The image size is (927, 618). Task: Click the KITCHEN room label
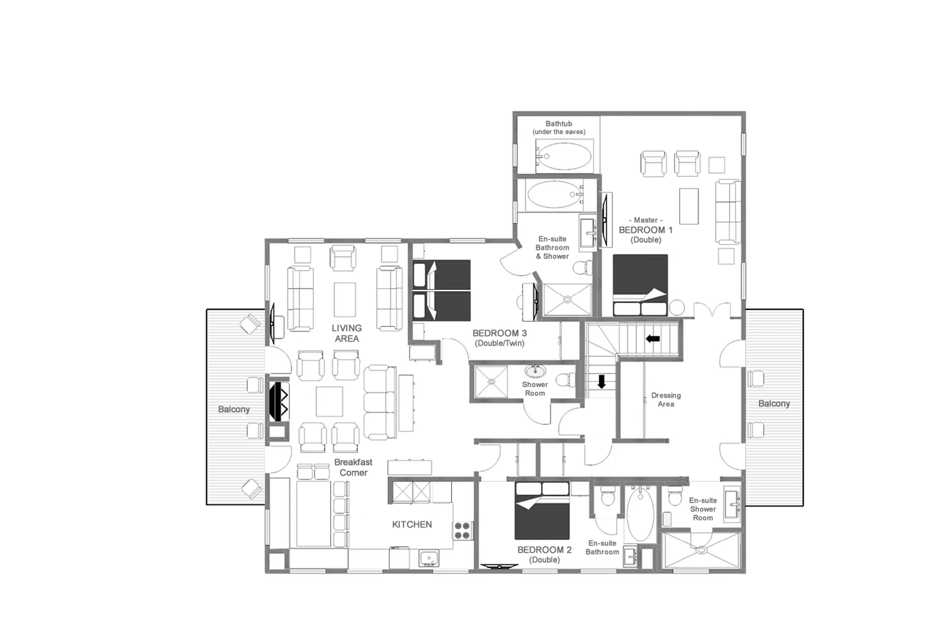[412, 524]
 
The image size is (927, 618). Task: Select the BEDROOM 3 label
[499, 334]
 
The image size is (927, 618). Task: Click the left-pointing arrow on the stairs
[653, 338]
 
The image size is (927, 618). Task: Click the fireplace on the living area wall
[279, 401]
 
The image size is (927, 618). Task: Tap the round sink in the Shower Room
[535, 371]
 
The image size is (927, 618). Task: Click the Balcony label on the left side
[234, 409]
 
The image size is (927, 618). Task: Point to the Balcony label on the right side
[774, 403]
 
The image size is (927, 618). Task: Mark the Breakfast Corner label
[353, 467]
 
